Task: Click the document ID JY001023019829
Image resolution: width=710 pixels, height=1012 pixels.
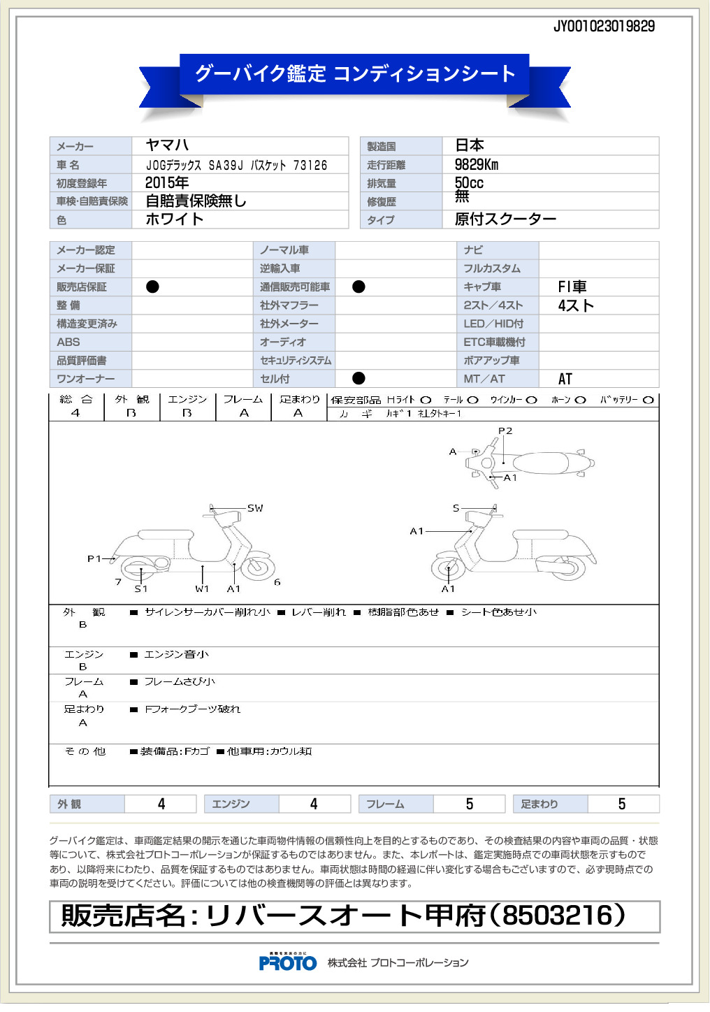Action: (604, 27)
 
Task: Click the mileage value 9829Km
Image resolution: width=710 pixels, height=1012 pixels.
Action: (477, 165)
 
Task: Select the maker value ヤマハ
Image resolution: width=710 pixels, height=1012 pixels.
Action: (167, 145)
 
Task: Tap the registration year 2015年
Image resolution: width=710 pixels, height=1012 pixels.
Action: (167, 183)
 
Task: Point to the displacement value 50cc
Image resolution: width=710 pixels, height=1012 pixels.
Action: (469, 183)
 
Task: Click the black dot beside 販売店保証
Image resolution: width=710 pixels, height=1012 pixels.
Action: (152, 287)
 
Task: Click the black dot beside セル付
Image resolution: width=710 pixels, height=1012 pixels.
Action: (358, 378)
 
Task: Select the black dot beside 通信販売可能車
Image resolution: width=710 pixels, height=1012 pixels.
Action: (358, 287)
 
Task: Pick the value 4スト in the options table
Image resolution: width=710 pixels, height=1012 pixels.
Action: (576, 305)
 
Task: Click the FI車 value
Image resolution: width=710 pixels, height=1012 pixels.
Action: (572, 287)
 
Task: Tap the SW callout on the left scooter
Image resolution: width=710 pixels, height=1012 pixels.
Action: (255, 508)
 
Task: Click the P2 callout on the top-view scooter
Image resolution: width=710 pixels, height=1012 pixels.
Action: (505, 431)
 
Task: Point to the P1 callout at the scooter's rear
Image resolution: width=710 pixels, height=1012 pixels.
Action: (94, 558)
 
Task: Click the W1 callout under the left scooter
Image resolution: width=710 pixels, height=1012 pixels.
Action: (202, 589)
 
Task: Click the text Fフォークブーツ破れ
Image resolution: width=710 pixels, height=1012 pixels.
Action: (192, 709)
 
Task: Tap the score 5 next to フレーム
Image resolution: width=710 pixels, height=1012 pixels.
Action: (469, 804)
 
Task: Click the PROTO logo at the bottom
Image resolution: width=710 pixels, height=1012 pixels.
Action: (287, 962)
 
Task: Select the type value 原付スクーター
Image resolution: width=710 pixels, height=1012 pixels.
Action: (505, 219)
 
